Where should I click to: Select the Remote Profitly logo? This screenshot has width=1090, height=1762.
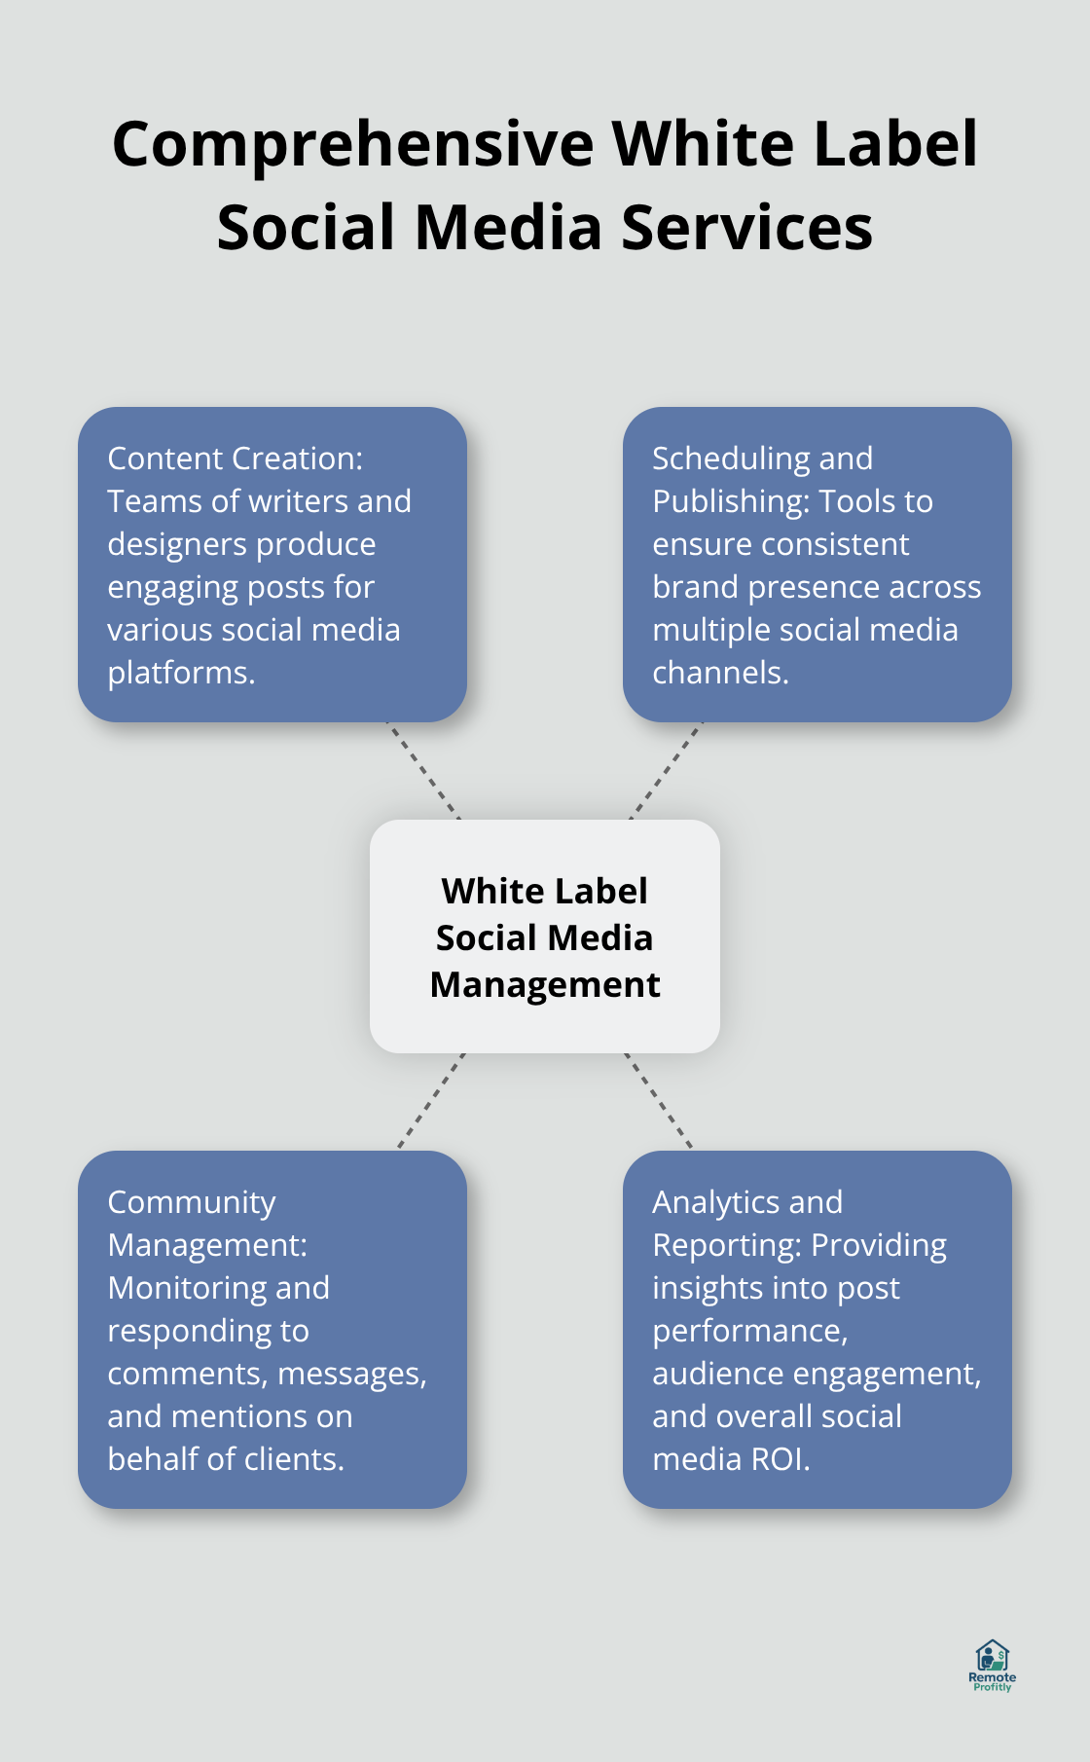pyautogui.click(x=992, y=1665)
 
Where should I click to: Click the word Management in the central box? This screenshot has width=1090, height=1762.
pyautogui.click(x=545, y=985)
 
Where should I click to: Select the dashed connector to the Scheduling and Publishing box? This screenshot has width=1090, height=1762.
pyautogui.click(x=667, y=770)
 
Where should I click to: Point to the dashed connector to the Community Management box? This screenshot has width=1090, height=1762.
pyautogui.click(x=431, y=1101)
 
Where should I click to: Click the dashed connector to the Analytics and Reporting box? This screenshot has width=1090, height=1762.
pyautogui.click(x=659, y=1101)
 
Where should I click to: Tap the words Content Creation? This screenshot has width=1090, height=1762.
pyautogui.click(x=234, y=459)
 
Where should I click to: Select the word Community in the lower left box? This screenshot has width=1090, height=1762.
pyautogui.click(x=192, y=1202)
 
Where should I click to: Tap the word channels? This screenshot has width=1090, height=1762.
pyautogui.click(x=718, y=673)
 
